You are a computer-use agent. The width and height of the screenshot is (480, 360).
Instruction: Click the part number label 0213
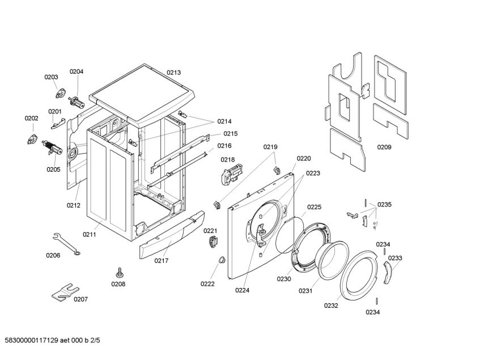(173, 73)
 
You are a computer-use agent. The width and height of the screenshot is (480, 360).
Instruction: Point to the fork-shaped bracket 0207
(63, 291)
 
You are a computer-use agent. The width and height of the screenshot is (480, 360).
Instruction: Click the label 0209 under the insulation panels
(384, 147)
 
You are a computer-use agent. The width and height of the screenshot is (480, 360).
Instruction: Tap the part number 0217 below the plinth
(162, 261)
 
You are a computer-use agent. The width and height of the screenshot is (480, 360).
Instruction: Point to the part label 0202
(31, 118)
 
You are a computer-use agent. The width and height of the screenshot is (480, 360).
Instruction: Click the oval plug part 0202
(32, 139)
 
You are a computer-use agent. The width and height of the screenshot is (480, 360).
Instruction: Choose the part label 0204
(77, 71)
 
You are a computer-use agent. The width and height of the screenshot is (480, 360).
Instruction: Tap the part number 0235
(384, 204)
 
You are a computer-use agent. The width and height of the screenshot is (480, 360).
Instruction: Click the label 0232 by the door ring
(331, 305)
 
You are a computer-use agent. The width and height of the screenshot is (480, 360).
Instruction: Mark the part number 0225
(314, 207)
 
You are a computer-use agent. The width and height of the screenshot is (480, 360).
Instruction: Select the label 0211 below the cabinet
(90, 234)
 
